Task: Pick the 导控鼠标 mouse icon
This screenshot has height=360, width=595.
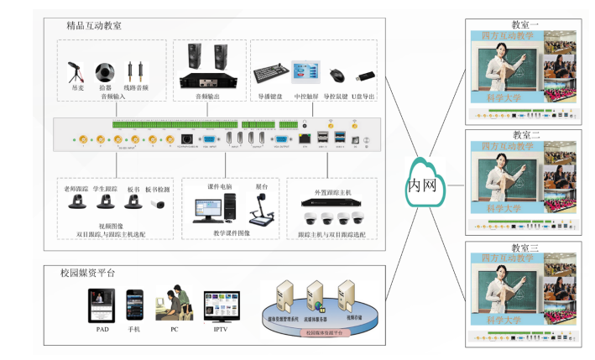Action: point(337,75)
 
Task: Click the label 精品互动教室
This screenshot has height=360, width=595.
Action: point(94,26)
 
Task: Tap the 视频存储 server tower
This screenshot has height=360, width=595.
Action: point(346,296)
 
